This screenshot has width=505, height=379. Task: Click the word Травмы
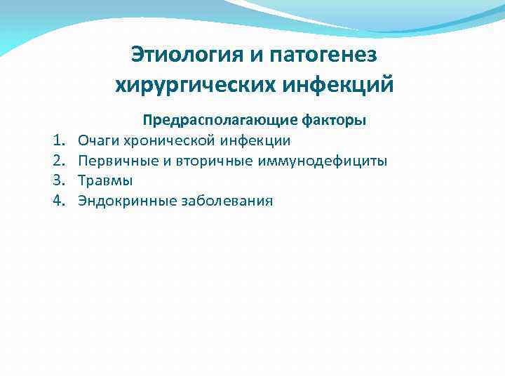105,181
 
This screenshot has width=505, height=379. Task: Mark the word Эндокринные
128,201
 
